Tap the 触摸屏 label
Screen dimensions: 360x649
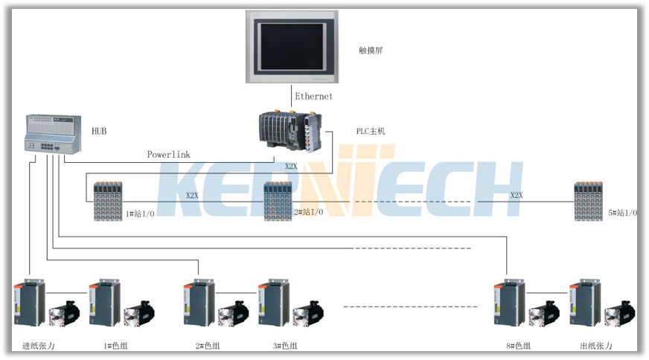tap(370, 51)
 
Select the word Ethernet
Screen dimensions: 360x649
tap(314, 97)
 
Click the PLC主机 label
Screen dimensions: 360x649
tap(370, 132)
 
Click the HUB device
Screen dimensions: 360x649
tap(52, 134)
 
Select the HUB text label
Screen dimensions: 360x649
tap(99, 132)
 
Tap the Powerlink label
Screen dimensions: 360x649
tap(168, 155)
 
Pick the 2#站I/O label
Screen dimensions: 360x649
tap(308, 213)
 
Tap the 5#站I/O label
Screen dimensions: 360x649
tap(623, 213)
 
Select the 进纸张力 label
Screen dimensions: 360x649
tap(39, 347)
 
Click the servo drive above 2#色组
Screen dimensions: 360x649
tap(198, 303)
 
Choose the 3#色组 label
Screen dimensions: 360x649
tap(284, 347)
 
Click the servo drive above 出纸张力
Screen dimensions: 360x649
tap(584, 303)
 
